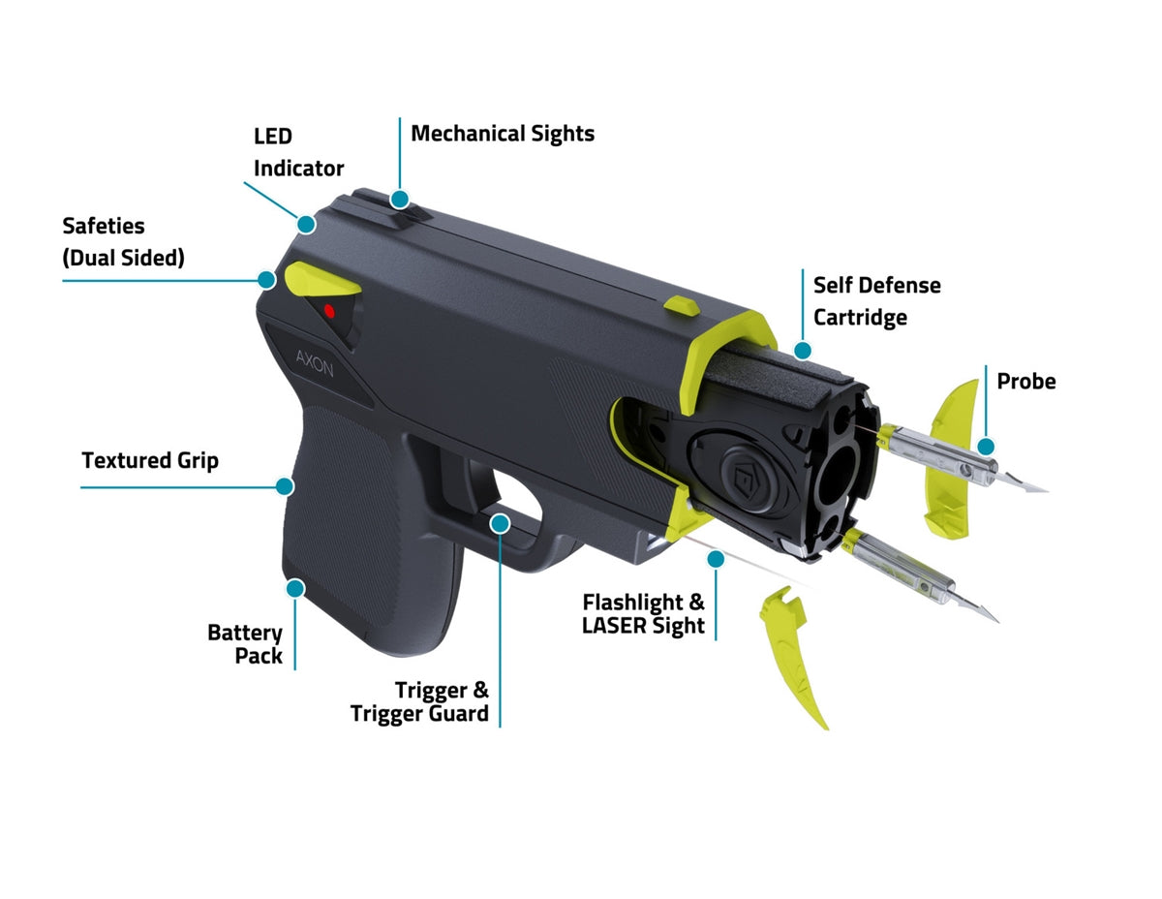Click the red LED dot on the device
click(329, 311)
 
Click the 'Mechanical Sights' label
click(503, 133)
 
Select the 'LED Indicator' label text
click(298, 152)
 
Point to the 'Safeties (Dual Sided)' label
click(123, 241)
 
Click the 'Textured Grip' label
click(150, 460)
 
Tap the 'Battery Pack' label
click(246, 644)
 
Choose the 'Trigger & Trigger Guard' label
click(420, 702)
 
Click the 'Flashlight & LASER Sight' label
click(643, 614)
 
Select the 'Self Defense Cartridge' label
click(876, 300)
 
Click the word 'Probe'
click(1025, 381)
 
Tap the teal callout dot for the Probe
click(986, 446)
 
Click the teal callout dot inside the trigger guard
click(500, 523)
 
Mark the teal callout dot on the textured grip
click(284, 486)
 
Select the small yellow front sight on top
click(681, 305)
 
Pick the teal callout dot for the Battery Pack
click(295, 587)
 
